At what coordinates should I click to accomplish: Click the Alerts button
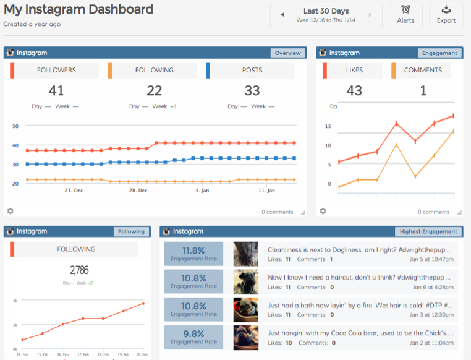click(405, 15)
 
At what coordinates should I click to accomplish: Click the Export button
click(446, 15)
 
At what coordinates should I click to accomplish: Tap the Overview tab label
click(287, 53)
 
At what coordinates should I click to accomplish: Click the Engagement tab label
click(439, 53)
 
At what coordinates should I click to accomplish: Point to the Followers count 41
click(56, 91)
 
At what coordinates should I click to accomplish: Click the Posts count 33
click(252, 91)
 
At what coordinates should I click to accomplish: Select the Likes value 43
click(354, 91)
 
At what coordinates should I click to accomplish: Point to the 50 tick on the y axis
click(15, 126)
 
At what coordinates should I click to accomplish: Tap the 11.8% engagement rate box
click(194, 254)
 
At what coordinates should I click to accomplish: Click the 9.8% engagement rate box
click(194, 338)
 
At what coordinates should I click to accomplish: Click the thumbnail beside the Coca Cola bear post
click(246, 338)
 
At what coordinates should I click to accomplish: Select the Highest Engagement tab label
click(428, 231)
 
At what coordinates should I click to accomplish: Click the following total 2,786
click(78, 270)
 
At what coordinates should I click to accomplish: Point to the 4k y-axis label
click(15, 300)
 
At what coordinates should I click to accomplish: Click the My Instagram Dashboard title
click(78, 10)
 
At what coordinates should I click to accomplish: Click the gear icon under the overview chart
click(11, 212)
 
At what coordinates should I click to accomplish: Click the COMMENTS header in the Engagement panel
click(423, 71)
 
